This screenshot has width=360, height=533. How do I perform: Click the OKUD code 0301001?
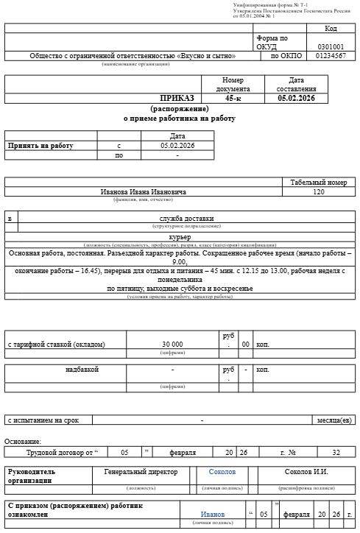(331, 46)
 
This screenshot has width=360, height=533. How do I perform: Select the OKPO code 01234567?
(331, 56)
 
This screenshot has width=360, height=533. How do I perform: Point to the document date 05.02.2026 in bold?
(296, 98)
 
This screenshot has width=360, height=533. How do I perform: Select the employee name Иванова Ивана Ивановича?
(144, 191)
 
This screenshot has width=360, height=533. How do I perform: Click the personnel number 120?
(318, 191)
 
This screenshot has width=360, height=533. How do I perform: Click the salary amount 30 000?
(172, 345)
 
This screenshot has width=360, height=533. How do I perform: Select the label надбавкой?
(82, 369)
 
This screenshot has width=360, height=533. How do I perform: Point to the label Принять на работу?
(40, 146)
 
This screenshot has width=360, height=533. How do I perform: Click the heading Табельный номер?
(318, 182)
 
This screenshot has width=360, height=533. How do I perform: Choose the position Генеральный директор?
(141, 471)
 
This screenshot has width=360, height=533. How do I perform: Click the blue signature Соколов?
(222, 471)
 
